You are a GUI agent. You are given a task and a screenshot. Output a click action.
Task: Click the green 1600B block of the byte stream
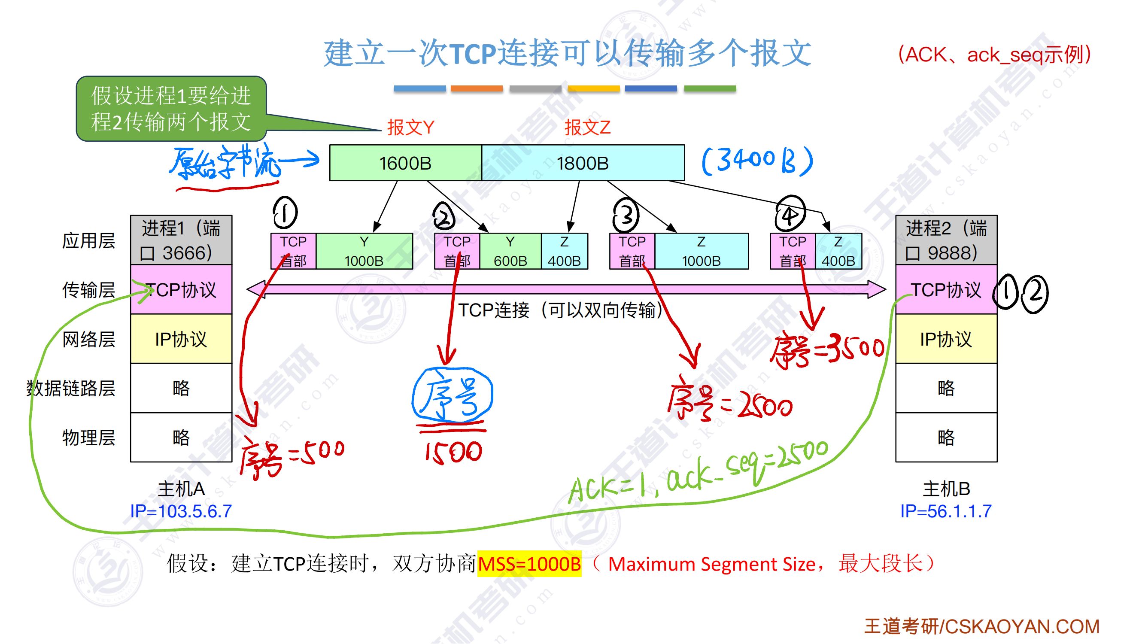point(405,163)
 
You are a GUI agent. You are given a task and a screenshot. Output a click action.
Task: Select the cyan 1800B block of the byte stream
point(583,163)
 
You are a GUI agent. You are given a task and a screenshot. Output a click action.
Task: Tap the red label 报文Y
point(410,128)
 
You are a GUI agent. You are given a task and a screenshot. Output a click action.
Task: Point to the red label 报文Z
point(587,128)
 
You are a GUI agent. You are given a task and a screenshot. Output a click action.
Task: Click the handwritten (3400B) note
point(757,161)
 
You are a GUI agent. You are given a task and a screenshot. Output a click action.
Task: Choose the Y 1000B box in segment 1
point(364,252)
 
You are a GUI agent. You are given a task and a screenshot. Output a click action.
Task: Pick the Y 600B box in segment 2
point(510,252)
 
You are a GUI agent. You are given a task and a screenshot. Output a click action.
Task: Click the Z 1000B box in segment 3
point(702,252)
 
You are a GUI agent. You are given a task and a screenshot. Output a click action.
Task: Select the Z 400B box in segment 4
point(838,252)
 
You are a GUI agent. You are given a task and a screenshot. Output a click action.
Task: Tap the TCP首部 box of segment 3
point(632,252)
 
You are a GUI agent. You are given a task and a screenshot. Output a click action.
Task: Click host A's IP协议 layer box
point(181,339)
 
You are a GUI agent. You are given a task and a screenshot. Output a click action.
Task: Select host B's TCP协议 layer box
point(946,290)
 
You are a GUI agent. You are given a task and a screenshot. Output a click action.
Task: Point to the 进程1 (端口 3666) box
point(181,240)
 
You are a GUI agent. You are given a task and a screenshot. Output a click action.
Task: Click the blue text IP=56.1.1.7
point(946,511)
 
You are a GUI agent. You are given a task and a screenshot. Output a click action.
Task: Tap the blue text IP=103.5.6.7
point(181,511)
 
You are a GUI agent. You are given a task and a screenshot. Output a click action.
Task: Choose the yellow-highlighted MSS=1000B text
point(529,564)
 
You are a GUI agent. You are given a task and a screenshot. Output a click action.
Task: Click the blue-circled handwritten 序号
point(452,395)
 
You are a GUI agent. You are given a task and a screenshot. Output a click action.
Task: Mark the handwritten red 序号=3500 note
point(827,351)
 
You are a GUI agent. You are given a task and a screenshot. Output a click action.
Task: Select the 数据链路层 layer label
point(71,389)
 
